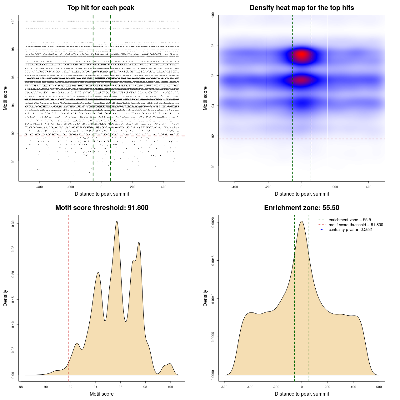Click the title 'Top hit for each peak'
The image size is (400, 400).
101,8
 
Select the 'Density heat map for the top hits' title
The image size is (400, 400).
302,8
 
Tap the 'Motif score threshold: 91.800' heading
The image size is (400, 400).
102,208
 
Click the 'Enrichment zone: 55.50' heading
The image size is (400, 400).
302,208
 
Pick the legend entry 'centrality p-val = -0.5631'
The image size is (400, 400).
350,230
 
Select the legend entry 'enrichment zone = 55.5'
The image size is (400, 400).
350,220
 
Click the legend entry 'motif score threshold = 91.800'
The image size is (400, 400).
356,225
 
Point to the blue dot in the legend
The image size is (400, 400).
322,230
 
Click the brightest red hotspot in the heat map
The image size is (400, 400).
302,55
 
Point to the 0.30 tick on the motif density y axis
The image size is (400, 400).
13,224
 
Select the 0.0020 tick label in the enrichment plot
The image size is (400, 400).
213,222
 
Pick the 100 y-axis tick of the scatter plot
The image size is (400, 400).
13,21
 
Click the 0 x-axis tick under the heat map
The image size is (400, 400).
302,187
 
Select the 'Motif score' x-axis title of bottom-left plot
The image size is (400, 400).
102,394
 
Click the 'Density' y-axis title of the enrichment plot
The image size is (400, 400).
205,298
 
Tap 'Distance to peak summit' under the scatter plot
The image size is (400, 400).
102,194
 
